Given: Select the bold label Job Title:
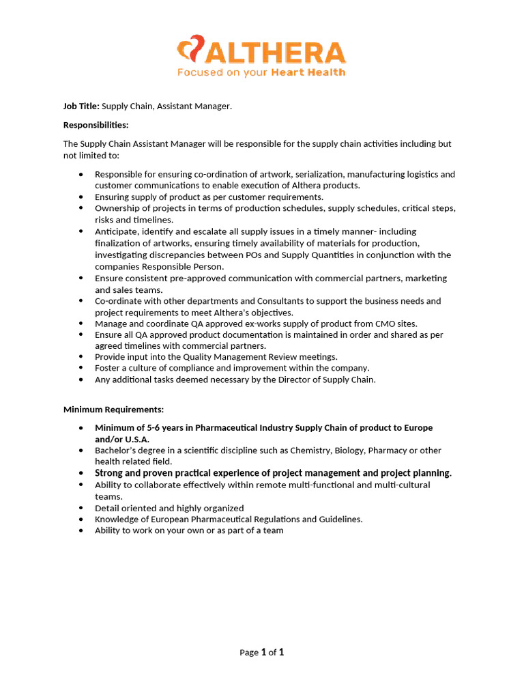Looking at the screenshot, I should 81,106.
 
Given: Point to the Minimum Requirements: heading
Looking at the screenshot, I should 113,410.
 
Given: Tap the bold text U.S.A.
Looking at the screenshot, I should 136,440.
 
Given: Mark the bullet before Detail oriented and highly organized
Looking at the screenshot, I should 81,509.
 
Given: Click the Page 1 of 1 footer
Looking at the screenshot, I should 262,653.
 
